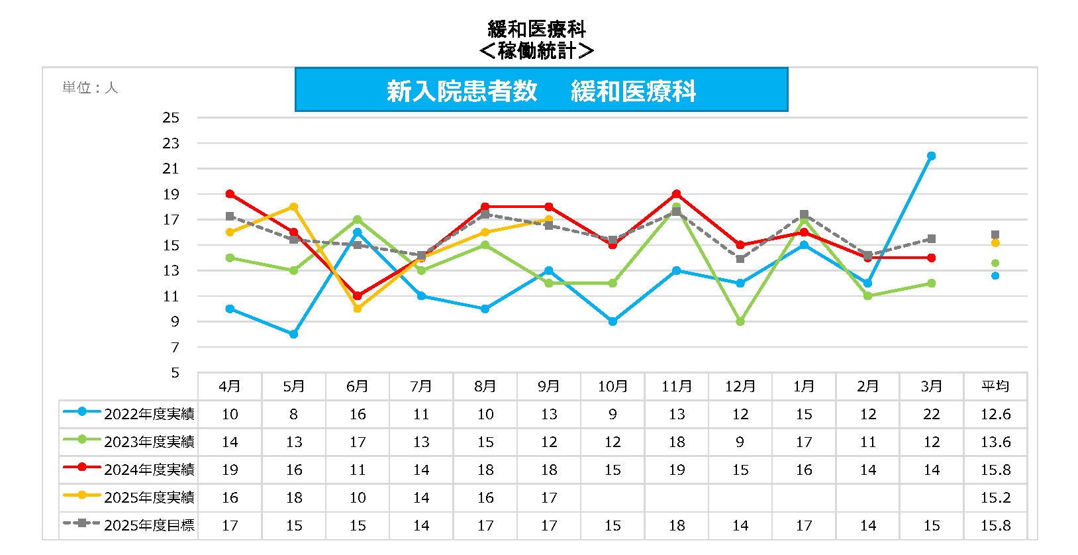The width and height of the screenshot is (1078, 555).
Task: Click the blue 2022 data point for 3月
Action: [931, 156]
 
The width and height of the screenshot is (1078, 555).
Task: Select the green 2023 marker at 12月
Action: [740, 322]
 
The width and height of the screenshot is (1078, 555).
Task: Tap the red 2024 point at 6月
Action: [358, 296]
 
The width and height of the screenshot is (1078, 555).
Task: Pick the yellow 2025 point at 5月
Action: [293, 207]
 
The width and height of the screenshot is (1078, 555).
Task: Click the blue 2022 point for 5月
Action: [293, 334]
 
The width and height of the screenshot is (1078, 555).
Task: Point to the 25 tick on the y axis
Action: [171, 118]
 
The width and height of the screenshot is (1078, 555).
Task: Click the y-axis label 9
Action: [175, 322]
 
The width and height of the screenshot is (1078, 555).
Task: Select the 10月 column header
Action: [612, 386]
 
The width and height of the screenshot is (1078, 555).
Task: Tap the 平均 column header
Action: [995, 386]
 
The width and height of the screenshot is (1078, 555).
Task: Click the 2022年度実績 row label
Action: [149, 414]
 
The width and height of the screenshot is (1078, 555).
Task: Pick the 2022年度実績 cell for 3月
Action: [931, 414]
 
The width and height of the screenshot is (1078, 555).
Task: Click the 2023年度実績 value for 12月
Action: [740, 442]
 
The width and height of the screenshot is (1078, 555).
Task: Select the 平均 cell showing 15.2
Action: [995, 497]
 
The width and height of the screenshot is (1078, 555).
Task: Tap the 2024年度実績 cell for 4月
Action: [230, 470]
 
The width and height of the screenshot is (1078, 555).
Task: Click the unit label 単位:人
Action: [90, 87]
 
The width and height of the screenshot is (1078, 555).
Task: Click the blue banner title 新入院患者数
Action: [462, 91]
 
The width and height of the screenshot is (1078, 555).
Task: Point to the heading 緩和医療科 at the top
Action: [537, 29]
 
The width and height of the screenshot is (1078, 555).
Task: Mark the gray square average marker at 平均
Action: [995, 234]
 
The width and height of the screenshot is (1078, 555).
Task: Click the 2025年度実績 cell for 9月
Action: [549, 497]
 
